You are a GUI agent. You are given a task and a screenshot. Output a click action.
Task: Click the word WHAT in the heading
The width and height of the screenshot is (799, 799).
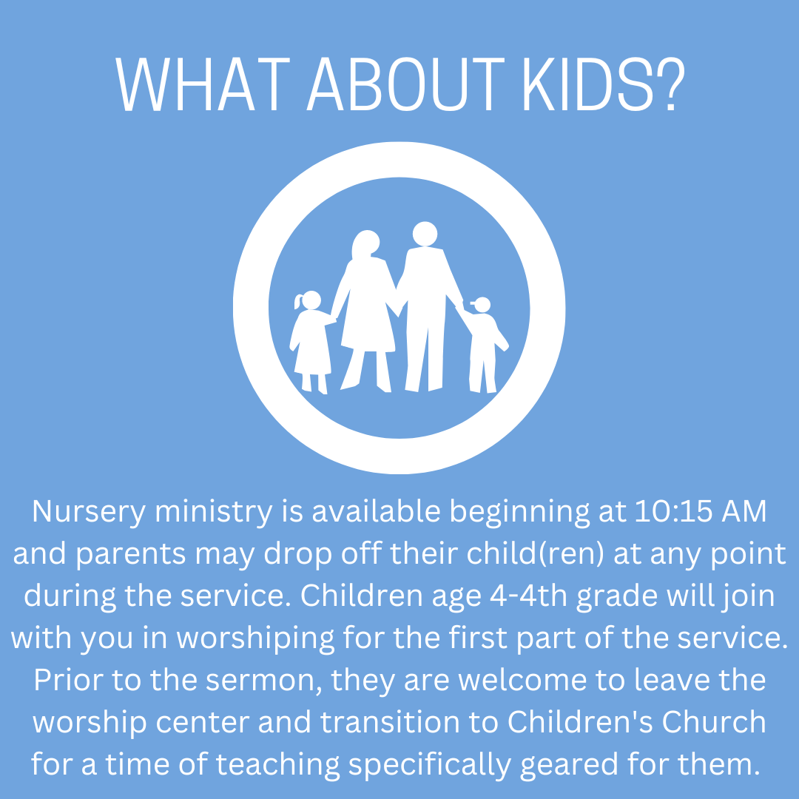click(x=203, y=84)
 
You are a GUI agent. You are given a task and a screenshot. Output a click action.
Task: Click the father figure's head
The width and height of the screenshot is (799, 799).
click(x=425, y=234)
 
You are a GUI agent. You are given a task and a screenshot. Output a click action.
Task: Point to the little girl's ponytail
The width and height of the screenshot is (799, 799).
click(x=298, y=302)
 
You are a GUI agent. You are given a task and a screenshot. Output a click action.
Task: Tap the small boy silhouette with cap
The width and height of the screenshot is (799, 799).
click(x=482, y=345)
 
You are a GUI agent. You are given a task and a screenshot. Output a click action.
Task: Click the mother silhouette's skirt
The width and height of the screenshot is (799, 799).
click(x=368, y=326)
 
